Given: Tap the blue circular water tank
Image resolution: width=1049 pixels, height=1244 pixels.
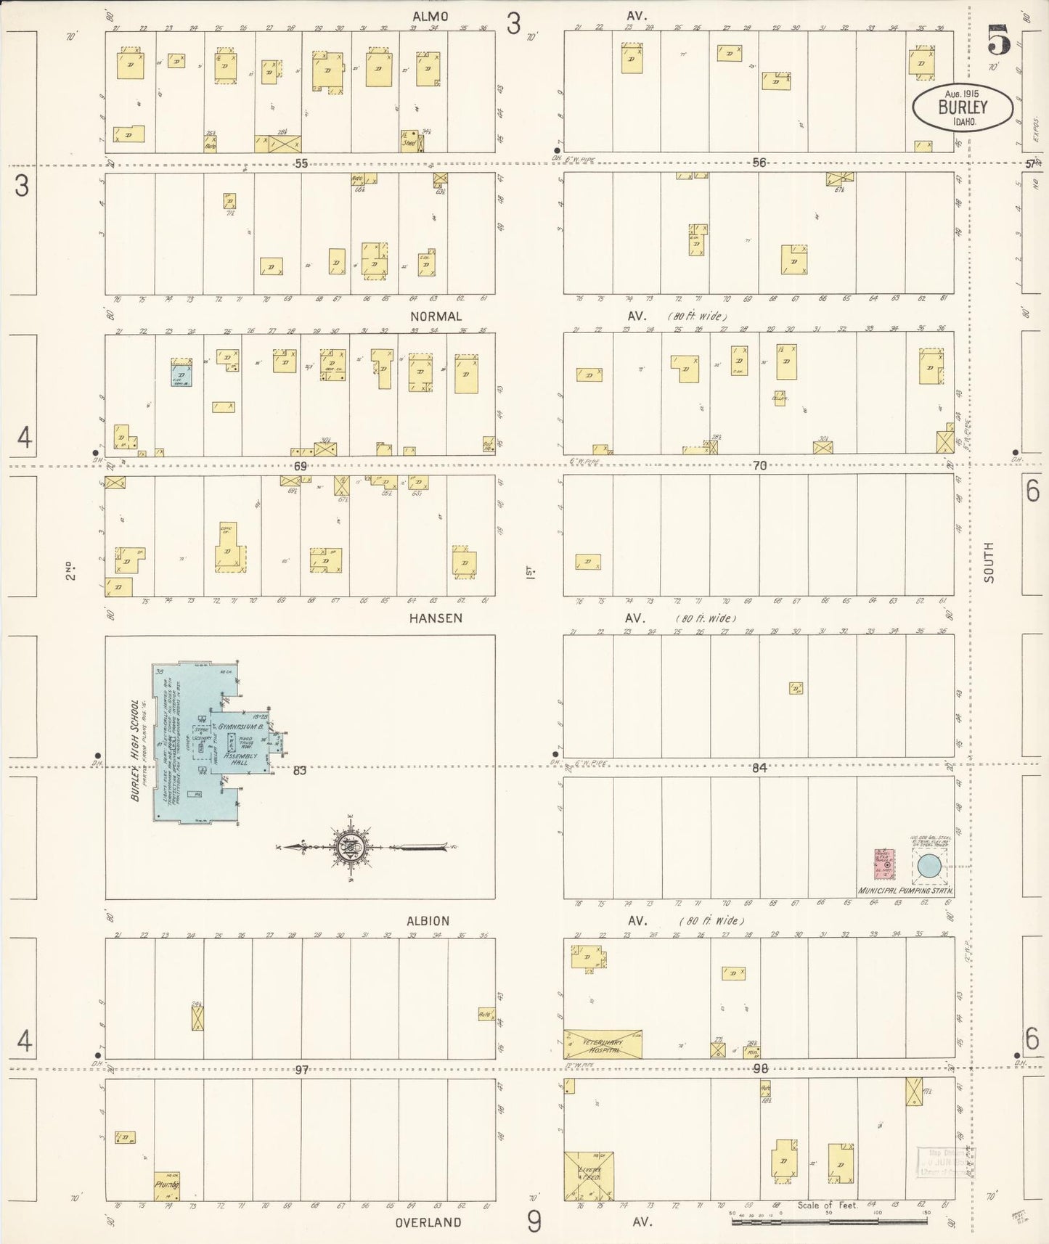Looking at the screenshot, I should coord(928,866).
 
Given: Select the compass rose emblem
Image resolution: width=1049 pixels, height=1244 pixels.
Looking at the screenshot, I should coord(351,846).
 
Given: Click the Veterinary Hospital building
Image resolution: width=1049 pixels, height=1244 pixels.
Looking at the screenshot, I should coord(603,1043).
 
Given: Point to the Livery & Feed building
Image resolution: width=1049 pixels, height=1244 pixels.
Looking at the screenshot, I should coord(588,1175).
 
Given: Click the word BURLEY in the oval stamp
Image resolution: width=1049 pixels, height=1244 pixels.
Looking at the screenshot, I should coord(963,107).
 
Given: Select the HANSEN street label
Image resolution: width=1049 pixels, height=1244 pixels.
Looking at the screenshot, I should coord(435,618).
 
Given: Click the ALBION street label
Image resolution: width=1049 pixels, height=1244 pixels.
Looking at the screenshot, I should coord(428,921).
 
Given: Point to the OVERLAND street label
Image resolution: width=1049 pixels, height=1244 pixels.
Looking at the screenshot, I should coord(428,1222).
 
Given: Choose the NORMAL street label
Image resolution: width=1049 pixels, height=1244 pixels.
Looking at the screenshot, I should coord(436,316).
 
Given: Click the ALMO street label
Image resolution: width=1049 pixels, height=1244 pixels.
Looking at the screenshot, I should coord(430,16).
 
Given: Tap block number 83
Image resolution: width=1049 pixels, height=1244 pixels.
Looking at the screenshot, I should coord(299,770).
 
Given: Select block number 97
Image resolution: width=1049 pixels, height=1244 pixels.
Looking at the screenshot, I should coord(302,1070).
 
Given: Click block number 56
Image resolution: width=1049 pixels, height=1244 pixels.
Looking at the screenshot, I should coord(759,163).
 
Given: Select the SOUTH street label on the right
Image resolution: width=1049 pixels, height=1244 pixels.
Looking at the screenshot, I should coord(989,562).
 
